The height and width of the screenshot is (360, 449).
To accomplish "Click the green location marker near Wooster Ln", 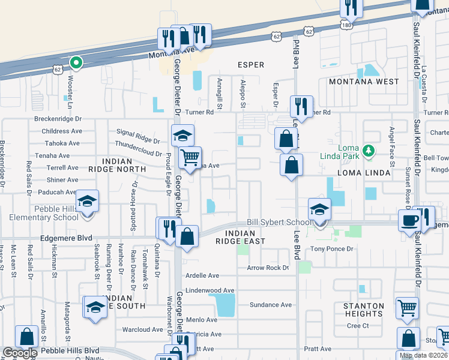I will pyautogui.click(x=76, y=62).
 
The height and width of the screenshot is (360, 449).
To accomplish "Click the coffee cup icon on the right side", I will pyautogui.click(x=409, y=220).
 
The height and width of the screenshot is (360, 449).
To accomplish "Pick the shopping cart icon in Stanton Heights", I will pyautogui.click(x=407, y=308).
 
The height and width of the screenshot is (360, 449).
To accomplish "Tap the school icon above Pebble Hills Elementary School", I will pyautogui.click(x=88, y=200).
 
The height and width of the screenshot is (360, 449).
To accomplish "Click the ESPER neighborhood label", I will pyautogui.click(x=251, y=65).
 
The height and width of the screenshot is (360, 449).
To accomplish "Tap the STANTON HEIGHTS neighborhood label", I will pyautogui.click(x=363, y=310).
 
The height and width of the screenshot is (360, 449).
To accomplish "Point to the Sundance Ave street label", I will pyautogui.click(x=270, y=305).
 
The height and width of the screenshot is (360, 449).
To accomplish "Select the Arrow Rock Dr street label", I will pyautogui.click(x=268, y=268).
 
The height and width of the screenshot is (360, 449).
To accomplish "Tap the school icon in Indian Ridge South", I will pyautogui.click(x=95, y=308).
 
